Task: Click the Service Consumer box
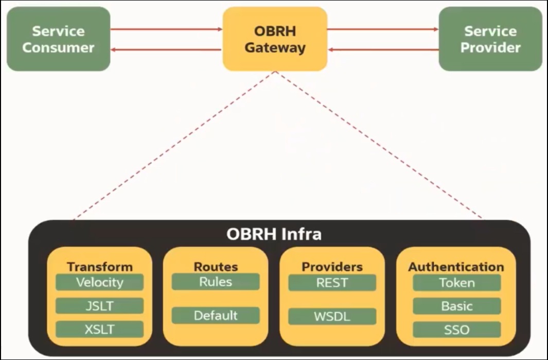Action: point(58,39)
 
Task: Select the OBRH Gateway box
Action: point(275,39)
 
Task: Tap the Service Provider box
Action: point(490,39)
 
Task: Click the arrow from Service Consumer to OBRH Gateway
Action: point(166,29)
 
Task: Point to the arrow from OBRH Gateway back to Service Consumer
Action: point(166,49)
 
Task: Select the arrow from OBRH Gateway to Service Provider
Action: point(383,29)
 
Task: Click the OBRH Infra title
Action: point(274,234)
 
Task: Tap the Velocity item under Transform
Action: point(99,282)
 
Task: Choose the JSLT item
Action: point(99,306)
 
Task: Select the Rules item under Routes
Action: point(216,282)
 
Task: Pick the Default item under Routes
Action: point(216,315)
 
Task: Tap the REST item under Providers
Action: point(332,283)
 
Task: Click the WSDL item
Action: point(332,316)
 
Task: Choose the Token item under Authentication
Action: point(456,283)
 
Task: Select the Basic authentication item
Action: point(456,306)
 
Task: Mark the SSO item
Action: point(456,330)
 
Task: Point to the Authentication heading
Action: point(456,267)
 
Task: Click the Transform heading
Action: point(99,267)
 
